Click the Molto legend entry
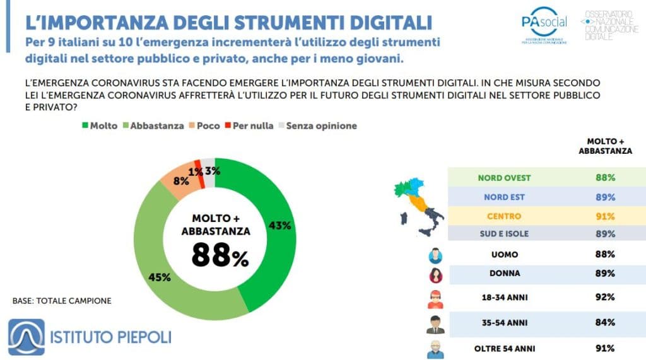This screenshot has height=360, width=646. tap(99, 125)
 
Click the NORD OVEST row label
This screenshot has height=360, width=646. tap(504, 177)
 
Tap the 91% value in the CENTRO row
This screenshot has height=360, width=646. tap(606, 216)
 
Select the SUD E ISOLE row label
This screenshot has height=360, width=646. tap(504, 235)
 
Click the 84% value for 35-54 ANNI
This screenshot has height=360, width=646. tap(606, 323)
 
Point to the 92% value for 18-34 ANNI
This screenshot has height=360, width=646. tap(606, 297)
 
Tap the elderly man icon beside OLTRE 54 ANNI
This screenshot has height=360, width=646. tap(435, 349)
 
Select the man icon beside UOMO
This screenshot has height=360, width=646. tap(435, 255)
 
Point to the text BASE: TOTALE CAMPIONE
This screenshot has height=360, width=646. tap(62, 301)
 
